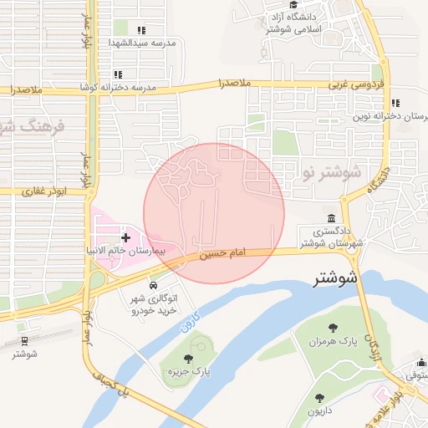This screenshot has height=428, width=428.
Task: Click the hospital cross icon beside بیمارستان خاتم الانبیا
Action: point(126,238)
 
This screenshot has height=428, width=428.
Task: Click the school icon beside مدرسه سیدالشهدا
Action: point(141,31)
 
